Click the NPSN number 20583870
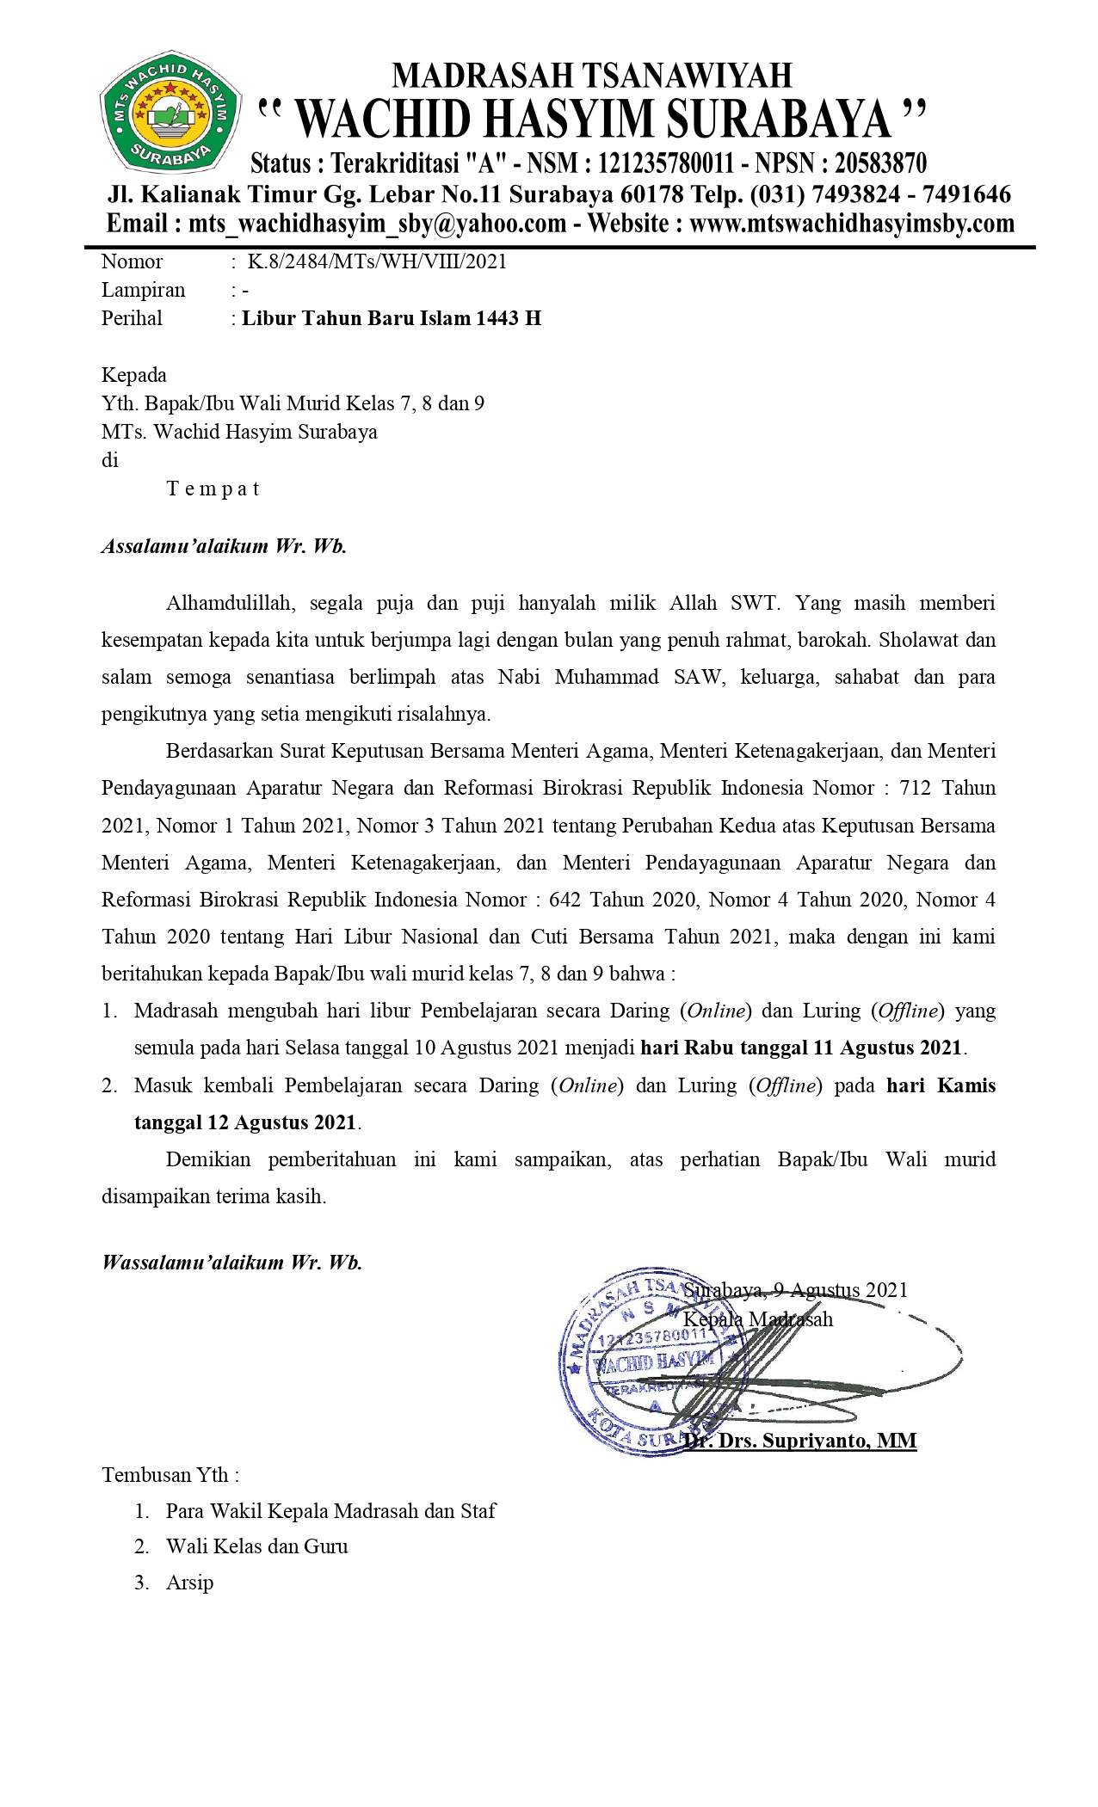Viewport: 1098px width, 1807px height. pos(880,163)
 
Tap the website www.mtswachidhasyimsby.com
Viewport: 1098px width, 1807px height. pos(852,224)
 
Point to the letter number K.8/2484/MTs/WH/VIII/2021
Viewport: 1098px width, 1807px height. pos(377,261)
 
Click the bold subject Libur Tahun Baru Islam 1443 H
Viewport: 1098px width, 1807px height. pos(392,318)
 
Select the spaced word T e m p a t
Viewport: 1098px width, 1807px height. pos(213,489)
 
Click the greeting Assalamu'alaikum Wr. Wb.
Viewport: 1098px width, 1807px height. pos(224,546)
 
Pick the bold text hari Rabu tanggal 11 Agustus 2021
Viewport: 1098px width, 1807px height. pos(801,1048)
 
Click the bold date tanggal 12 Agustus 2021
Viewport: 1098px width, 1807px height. pos(245,1122)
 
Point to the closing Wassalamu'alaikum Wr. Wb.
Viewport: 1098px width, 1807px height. pos(231,1263)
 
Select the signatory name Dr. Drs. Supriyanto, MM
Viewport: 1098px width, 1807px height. pos(800,1441)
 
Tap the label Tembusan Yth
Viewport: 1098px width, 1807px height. pos(170,1475)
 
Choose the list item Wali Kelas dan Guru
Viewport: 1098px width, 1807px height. pos(256,1546)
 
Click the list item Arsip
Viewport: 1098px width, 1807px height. pos(189,1583)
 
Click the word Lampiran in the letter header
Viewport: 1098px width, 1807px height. pos(143,290)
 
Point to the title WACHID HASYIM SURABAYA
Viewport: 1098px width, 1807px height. pos(594,119)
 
